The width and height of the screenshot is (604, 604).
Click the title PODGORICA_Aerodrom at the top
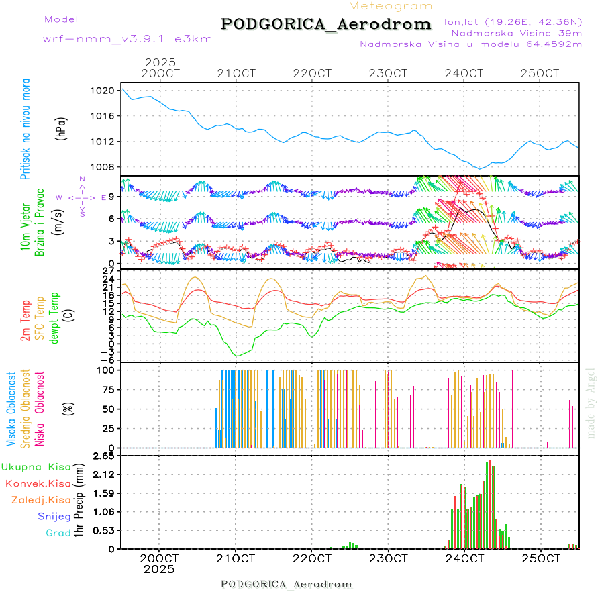326,24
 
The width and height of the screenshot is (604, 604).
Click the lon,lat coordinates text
513,21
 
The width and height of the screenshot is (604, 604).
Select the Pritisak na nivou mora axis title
26,129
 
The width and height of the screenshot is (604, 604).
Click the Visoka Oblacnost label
11,410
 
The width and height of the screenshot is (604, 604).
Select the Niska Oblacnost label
40,409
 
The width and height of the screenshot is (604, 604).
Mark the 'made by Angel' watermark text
591,403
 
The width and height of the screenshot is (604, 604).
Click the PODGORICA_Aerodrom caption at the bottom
286,584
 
